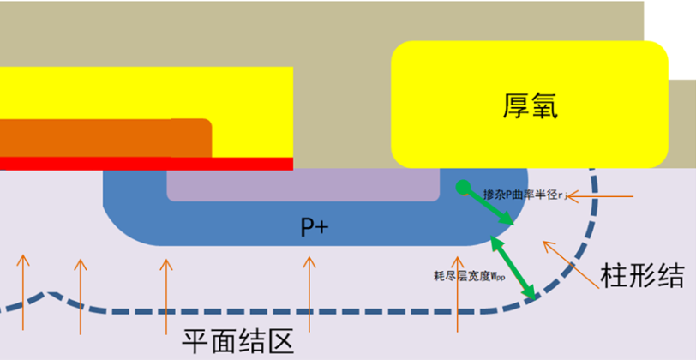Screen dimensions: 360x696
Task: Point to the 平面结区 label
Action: coord(238,342)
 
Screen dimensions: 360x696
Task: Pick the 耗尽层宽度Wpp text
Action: coord(470,276)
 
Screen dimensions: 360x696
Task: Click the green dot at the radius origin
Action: coord(462,187)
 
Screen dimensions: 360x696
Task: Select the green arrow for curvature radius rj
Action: coord(489,207)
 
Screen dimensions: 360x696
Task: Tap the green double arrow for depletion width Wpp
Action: coord(513,268)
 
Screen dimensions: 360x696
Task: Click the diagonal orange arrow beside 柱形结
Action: coord(566,262)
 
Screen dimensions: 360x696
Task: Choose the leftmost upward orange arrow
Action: coord(22,291)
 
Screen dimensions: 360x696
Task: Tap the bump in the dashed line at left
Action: coord(50,295)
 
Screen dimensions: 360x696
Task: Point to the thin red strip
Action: coord(146,163)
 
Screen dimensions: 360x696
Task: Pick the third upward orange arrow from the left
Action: coord(165,291)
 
